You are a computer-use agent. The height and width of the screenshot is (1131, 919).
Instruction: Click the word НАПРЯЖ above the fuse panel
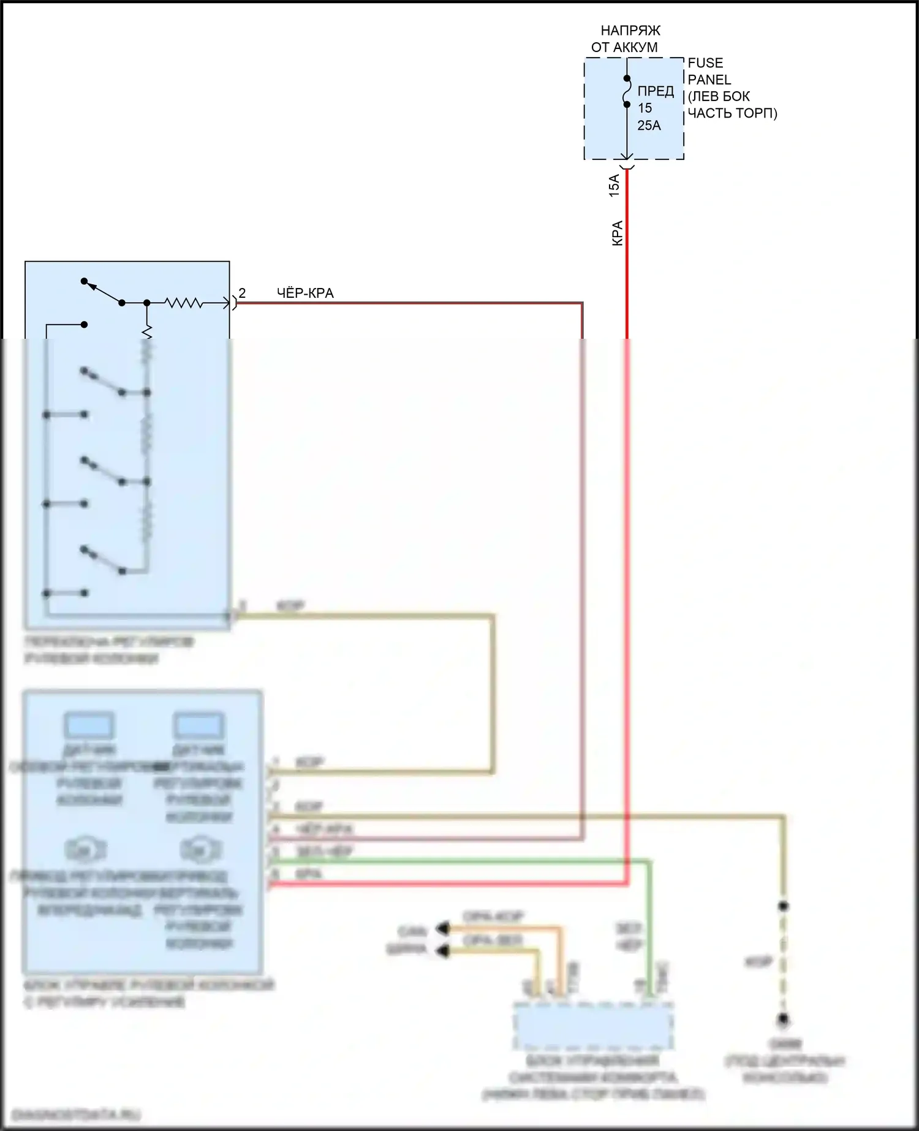(x=630, y=31)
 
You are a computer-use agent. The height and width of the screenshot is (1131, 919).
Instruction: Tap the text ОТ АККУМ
(x=624, y=47)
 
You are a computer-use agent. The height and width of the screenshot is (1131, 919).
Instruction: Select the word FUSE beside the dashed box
(x=705, y=63)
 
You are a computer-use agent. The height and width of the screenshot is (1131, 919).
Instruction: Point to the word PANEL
(x=709, y=80)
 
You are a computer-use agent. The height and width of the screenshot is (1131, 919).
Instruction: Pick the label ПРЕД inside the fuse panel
(x=656, y=91)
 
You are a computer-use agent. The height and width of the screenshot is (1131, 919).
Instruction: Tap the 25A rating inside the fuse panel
(x=649, y=125)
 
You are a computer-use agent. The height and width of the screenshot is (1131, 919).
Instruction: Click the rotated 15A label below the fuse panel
(x=614, y=185)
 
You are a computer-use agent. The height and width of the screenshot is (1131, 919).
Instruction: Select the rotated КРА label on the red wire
(x=618, y=233)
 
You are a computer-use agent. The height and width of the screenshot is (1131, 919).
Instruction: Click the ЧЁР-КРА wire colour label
(x=305, y=293)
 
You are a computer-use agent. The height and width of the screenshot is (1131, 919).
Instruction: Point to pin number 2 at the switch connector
(x=242, y=293)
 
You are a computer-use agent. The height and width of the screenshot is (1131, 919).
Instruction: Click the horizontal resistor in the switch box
(x=184, y=303)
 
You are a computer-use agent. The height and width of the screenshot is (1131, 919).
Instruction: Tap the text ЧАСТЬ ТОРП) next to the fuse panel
(x=732, y=113)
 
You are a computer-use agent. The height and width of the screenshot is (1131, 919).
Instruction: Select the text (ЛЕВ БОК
(x=719, y=97)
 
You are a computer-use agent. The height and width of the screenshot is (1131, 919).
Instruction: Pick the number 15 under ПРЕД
(x=645, y=108)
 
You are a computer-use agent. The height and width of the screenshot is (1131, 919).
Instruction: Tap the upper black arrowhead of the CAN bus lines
(x=442, y=929)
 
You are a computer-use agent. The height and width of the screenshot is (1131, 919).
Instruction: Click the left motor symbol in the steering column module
(x=86, y=850)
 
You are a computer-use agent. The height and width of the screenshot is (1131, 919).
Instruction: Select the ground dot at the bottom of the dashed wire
(x=783, y=1020)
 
